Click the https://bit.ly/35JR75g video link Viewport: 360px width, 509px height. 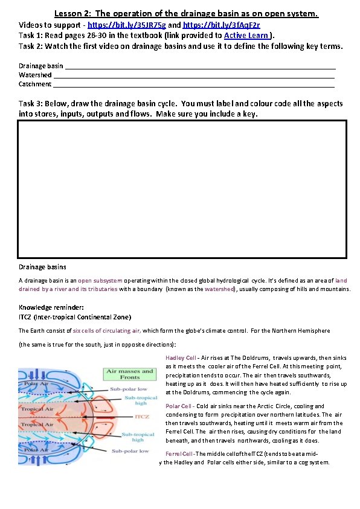click(x=126, y=25)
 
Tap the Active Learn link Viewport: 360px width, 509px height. click(x=246, y=36)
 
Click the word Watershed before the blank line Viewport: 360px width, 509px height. click(x=35, y=75)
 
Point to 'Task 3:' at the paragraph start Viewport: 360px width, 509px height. click(x=31, y=104)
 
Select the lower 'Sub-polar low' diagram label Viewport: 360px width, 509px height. click(x=127, y=450)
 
